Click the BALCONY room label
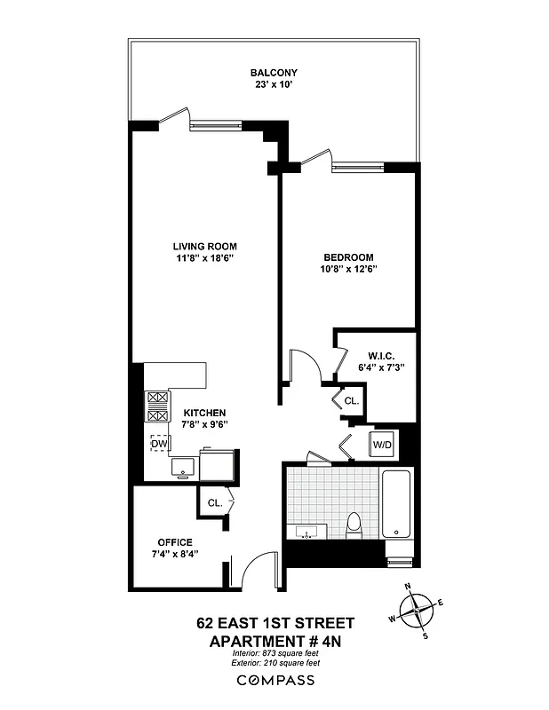273,73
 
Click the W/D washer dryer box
382,443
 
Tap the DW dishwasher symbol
159,443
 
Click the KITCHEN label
204,414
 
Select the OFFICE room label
175,542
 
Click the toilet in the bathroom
353,525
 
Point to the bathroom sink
307,533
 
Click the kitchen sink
184,465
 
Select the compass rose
417,611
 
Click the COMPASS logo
274,680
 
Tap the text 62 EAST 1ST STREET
274,623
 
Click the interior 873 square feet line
274,652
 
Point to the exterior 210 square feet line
274,662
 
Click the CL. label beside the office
214,502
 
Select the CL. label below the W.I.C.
351,401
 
